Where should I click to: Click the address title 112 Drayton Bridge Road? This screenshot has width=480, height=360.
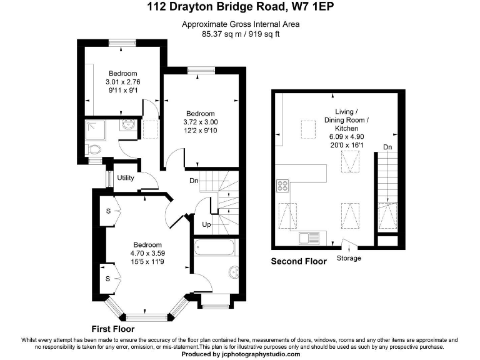pos(241,8)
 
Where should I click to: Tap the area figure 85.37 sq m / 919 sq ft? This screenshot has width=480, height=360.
pos(241,34)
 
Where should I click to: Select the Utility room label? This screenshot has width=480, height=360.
pos(126,178)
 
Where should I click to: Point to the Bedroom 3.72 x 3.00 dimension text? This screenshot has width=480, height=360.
pos(201,122)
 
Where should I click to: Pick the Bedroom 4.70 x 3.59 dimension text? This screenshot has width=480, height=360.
pos(146,253)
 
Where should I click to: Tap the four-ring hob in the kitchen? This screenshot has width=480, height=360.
pos(282,186)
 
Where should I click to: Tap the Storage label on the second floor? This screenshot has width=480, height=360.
pos(349,258)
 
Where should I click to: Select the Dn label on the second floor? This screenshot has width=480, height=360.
pos(387,147)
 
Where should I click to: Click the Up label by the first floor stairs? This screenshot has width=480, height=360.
pos(206,223)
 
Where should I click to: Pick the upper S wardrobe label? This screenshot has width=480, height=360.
pos(108,211)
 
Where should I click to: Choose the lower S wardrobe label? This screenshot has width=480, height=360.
pos(108,278)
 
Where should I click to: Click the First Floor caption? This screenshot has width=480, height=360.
pos(112,328)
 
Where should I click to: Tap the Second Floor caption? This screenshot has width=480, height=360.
pos(298,262)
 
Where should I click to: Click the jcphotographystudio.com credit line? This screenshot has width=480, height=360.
pos(241,354)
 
